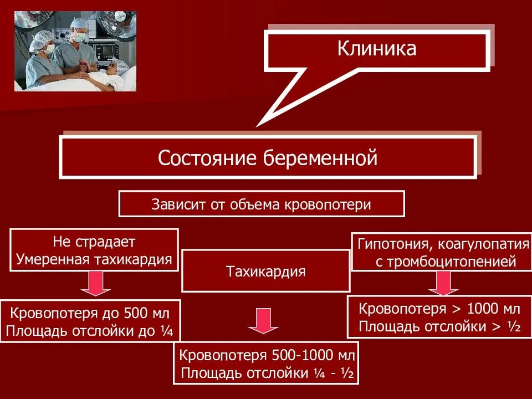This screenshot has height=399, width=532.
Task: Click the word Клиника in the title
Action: point(376,48)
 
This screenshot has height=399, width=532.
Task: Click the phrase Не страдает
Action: point(94,242)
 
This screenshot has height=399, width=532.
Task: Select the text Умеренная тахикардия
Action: point(94,259)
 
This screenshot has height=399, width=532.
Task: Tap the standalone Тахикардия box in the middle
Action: point(266,272)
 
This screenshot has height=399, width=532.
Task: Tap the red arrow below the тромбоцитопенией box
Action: point(442,284)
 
